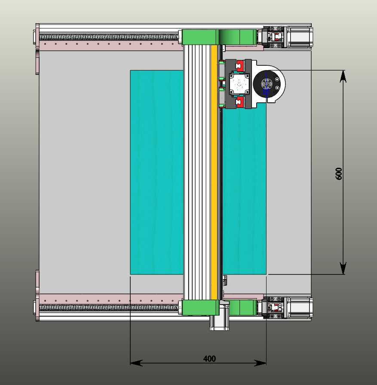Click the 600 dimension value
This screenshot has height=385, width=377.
(x=338, y=174)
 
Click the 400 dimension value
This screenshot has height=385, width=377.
(x=209, y=359)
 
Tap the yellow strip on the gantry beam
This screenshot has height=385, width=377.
(x=214, y=172)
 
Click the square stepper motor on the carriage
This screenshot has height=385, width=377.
(x=239, y=84)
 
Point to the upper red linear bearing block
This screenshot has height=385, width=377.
(x=239, y=66)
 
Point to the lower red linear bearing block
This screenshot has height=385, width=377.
(x=239, y=102)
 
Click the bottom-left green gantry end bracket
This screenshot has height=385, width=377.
(x=200, y=308)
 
